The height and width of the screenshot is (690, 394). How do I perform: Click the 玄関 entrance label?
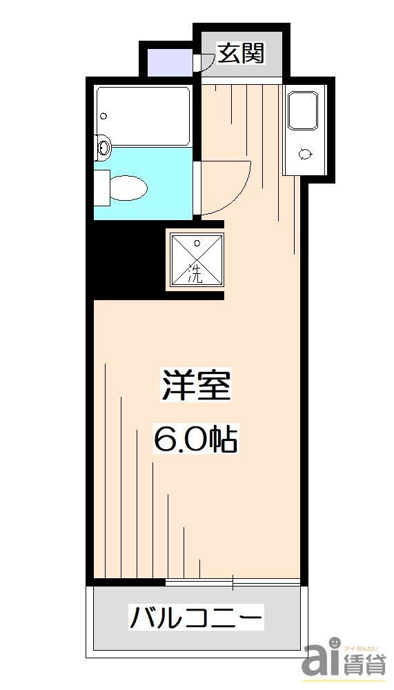(x=242, y=54)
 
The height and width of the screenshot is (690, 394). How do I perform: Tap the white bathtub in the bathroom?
(x=143, y=115)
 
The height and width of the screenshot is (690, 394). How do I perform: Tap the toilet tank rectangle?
(x=101, y=187)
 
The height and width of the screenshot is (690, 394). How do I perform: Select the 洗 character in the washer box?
(x=197, y=275)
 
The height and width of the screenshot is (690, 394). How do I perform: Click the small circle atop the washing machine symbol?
(x=197, y=243)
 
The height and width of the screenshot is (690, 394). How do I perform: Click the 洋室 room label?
(x=195, y=386)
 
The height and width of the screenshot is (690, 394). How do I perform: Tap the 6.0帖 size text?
(x=195, y=438)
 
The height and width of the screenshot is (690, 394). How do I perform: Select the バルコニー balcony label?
(x=196, y=616)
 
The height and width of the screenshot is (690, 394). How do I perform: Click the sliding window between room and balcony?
(x=233, y=584)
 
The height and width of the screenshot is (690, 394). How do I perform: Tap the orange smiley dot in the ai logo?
(x=335, y=644)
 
